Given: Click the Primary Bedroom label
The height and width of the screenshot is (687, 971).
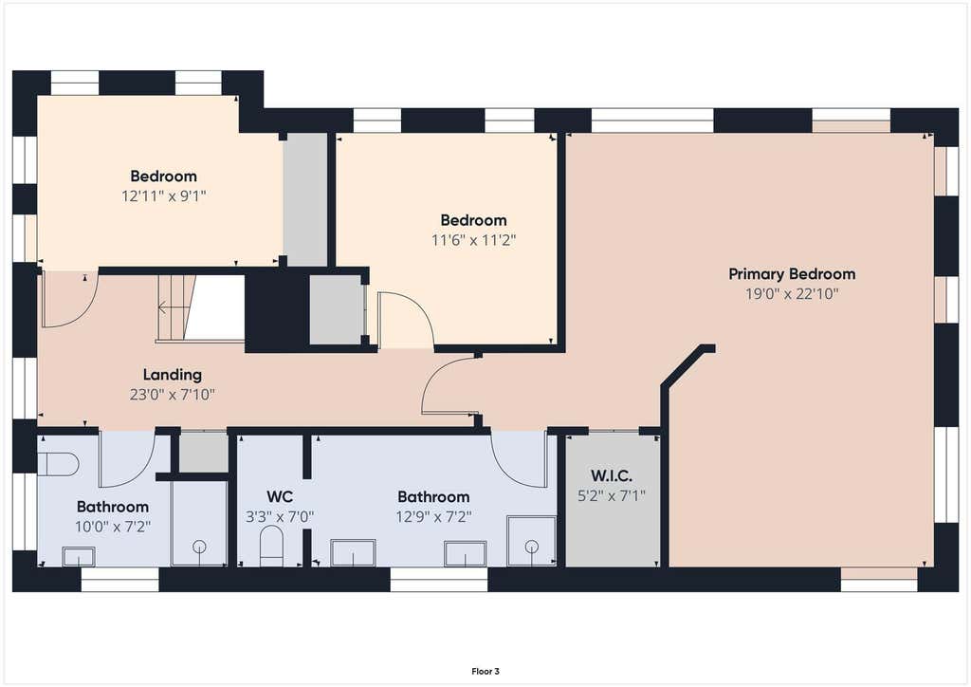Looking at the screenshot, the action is tap(792, 274).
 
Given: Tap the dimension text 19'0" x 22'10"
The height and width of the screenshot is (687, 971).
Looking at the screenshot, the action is tap(792, 293).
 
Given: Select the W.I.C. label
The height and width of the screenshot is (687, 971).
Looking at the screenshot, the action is tap(612, 475).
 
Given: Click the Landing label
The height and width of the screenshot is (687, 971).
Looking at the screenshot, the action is tap(173, 375).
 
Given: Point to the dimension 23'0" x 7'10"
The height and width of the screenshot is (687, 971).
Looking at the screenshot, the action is tap(173, 395).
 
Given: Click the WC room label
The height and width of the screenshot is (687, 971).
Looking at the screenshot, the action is tap(280, 497).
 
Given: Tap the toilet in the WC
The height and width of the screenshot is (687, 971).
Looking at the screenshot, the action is tap(271, 545).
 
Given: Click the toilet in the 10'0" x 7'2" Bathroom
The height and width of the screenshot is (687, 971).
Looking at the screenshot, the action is tap(58, 464).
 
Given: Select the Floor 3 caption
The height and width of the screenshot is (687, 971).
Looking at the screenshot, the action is tap(485, 672).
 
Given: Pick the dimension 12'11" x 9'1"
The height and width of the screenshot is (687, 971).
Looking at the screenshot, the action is tap(163, 196).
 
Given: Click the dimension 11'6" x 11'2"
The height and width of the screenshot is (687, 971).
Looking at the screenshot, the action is tap(474, 240).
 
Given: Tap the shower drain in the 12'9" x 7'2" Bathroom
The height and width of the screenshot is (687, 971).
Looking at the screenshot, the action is tap(531, 547).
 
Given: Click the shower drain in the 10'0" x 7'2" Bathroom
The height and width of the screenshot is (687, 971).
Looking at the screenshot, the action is tap(199, 547).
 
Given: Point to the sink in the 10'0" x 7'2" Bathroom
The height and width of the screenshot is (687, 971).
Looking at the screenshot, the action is tap(79, 556).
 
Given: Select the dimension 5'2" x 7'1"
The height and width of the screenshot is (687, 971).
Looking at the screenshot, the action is tap(612, 495).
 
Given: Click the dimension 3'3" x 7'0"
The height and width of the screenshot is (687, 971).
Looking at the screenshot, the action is tap(280, 516).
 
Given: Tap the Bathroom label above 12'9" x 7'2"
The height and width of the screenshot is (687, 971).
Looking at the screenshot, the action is tap(433, 497).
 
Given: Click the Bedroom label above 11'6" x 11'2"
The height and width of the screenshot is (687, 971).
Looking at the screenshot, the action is tap(474, 220).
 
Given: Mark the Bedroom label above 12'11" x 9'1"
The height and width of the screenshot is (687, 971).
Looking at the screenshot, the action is tap(163, 176).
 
